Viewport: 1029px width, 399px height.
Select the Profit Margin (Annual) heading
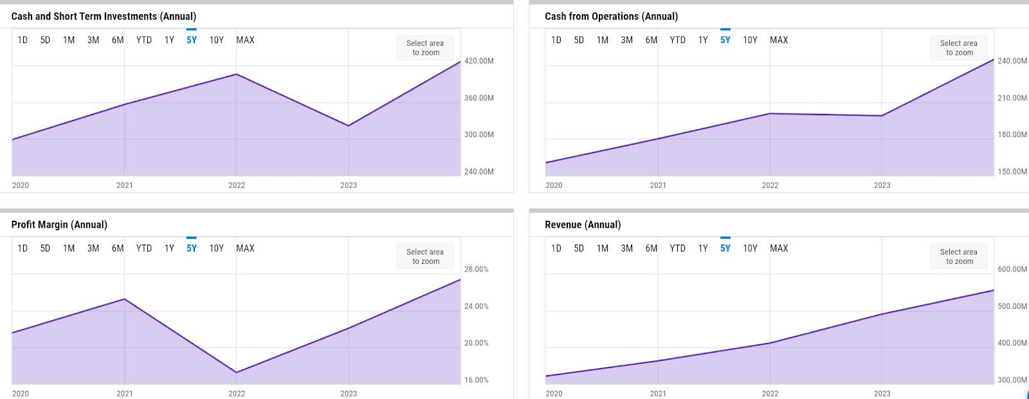click(59, 225)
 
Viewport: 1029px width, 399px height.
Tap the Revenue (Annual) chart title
click(583, 225)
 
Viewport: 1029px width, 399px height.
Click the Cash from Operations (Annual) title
click(611, 17)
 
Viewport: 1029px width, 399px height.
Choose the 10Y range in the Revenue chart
click(750, 248)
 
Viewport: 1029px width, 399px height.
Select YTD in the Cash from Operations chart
click(678, 40)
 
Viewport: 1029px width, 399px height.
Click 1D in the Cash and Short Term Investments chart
click(23, 40)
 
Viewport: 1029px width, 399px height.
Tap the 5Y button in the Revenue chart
click(725, 248)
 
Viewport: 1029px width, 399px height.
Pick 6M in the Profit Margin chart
click(118, 248)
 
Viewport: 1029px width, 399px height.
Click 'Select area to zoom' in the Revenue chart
click(959, 257)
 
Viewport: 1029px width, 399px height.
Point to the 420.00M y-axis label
click(478, 60)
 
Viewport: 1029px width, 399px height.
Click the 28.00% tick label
click(477, 270)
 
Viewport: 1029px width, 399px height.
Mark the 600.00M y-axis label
click(1012, 270)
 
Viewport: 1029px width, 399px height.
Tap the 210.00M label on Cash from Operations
click(1012, 98)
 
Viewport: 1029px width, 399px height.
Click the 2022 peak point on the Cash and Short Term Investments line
click(236, 74)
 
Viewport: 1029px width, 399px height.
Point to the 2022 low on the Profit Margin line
click(236, 373)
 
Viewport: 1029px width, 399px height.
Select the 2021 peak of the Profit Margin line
click(125, 299)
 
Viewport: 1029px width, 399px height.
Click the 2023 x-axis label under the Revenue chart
click(882, 394)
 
